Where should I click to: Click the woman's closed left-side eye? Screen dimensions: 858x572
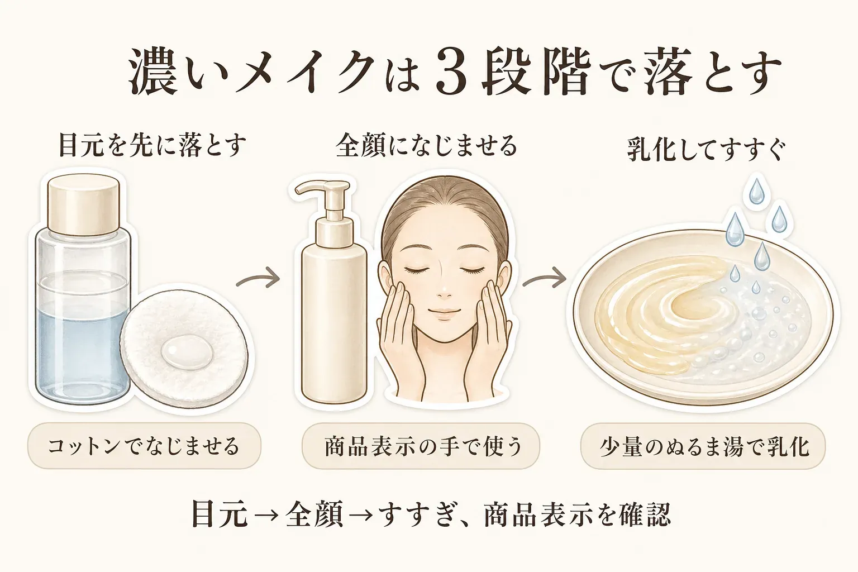click(x=417, y=270)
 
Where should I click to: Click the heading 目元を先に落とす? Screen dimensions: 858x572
click(x=151, y=145)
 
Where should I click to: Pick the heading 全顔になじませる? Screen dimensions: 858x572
click(x=426, y=146)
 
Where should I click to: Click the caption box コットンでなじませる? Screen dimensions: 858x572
click(x=144, y=446)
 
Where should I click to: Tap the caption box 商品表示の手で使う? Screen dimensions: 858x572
click(x=421, y=446)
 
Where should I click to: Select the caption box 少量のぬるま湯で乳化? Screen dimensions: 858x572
click(x=703, y=446)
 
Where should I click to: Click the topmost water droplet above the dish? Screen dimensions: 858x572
click(x=756, y=192)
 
